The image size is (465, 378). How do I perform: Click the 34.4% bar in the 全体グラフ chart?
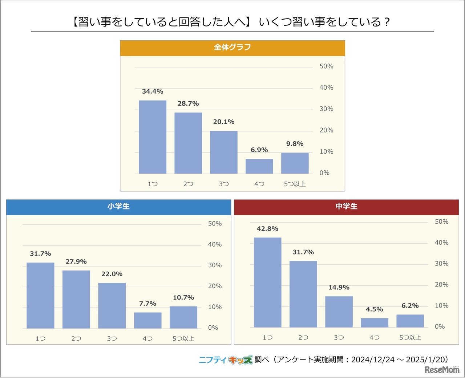pos(153,137)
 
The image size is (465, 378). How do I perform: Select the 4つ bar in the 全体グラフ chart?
pos(259,166)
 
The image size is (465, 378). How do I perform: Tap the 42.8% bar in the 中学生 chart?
pos(267,283)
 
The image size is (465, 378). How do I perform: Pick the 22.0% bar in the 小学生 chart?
pos(112,305)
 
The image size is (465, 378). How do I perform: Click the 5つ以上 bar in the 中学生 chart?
pos(410,321)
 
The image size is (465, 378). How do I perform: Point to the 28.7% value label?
pos(188,103)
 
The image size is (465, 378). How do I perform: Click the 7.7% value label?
pos(147,304)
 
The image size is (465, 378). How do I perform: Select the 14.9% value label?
pos(339,288)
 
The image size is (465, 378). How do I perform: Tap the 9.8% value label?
pos(295,144)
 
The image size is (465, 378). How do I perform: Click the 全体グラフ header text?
pos(232,47)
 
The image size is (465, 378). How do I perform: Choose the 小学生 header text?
pos(118,206)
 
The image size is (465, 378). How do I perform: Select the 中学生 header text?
pos(346,206)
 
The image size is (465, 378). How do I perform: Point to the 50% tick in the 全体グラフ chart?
pos(326,66)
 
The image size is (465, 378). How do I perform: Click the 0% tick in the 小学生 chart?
pos(213,328)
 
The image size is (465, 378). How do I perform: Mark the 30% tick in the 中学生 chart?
pos(441,264)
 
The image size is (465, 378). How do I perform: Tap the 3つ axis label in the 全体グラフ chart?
pos(224,184)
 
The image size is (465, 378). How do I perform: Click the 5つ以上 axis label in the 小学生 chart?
pos(183,338)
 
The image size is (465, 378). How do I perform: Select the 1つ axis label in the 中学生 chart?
pos(267,338)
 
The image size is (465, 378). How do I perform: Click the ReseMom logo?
pos(442,370)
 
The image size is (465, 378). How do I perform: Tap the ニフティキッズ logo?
pos(226,360)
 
